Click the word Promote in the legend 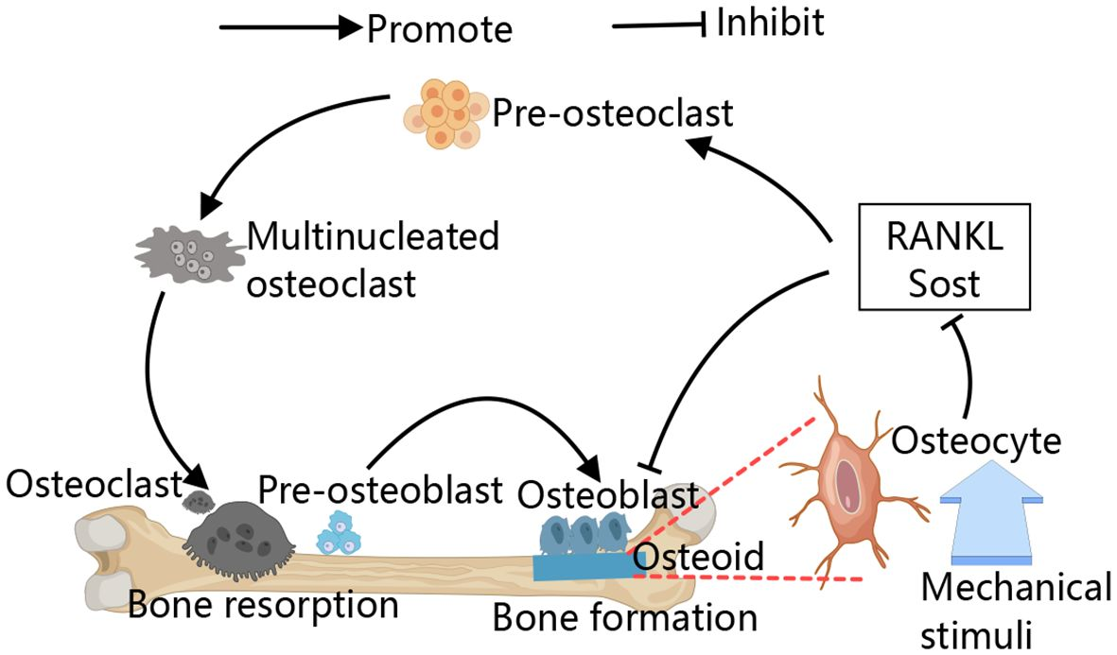coord(440,29)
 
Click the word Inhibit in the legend coord(769,23)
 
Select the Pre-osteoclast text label coord(612,113)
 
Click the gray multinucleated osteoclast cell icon coord(183,255)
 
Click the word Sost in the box coord(944,282)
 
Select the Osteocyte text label coord(977,440)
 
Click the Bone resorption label coord(263,605)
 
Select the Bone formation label coord(625,618)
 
